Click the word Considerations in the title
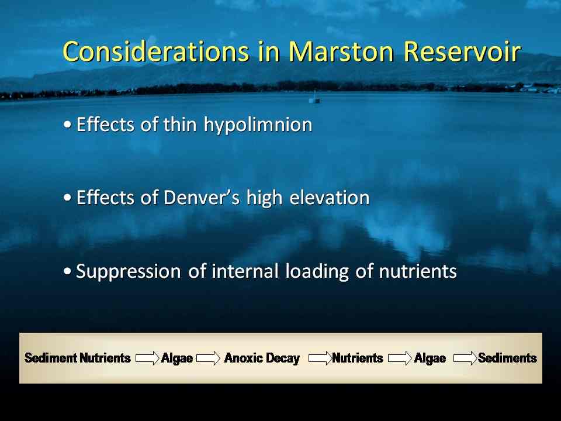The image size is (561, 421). tap(155, 51)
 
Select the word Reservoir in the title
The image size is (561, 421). tap(462, 51)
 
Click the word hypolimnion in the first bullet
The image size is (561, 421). tap(258, 125)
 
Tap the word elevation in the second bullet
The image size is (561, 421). tap(329, 197)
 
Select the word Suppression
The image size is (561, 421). tap(129, 271)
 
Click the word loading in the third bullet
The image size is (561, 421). tap(317, 271)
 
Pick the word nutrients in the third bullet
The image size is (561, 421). tap(418, 271)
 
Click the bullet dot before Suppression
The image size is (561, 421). tap(67, 271)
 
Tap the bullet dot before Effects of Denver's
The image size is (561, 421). tap(67, 198)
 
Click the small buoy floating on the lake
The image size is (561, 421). tap(314, 98)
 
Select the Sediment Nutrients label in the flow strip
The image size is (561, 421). tap(78, 358)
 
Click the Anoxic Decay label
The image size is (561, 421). tap(262, 358)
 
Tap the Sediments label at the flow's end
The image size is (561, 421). tap(507, 358)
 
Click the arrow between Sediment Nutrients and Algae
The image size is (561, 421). tap(147, 358)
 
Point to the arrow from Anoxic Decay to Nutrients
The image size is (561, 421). tap(320, 358)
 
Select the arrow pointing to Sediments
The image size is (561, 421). tap(465, 358)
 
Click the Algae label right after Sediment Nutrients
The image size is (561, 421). tap(177, 358)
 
